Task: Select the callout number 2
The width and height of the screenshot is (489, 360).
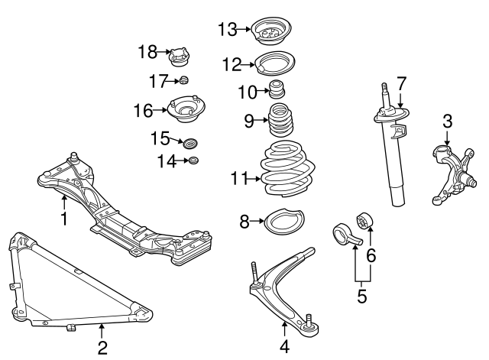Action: [x=102, y=348]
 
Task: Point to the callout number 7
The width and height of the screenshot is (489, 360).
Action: [x=401, y=83]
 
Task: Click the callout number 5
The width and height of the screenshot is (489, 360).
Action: [x=363, y=294]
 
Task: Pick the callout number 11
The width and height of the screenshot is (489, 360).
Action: [x=240, y=179]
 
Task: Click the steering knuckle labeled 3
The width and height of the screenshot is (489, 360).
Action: [x=448, y=171]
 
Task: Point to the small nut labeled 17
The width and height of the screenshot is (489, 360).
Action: [x=183, y=81]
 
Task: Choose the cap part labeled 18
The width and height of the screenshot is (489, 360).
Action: [x=180, y=57]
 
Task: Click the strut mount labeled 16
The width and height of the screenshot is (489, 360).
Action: [x=184, y=112]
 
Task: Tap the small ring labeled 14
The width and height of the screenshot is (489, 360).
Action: [x=193, y=160]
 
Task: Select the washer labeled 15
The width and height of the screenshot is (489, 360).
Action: [x=191, y=142]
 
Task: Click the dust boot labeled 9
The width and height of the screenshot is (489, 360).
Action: [x=280, y=124]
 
